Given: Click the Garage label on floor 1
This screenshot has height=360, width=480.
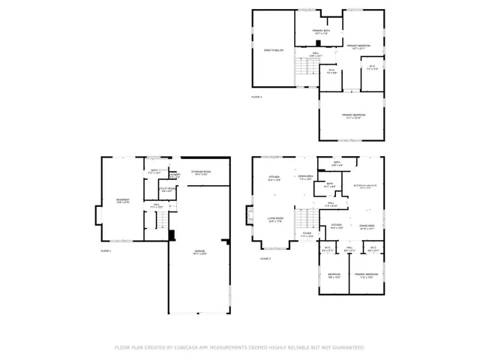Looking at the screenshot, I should tap(200, 250).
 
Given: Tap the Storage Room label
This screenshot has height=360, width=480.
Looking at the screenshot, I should tap(201, 172).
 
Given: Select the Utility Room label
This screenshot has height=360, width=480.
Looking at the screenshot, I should tap(166, 189).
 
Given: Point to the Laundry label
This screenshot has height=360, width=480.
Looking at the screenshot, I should tap(174, 175).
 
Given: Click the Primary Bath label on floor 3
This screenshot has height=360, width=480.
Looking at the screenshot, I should tap(306, 31).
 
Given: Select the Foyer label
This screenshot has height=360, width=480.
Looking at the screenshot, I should tap(307, 234).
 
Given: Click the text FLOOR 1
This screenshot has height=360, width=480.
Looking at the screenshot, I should tap(105, 250).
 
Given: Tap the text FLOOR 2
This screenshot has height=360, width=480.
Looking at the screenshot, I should tap(265, 258).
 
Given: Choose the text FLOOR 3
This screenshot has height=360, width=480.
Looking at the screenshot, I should tap(256, 97).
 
